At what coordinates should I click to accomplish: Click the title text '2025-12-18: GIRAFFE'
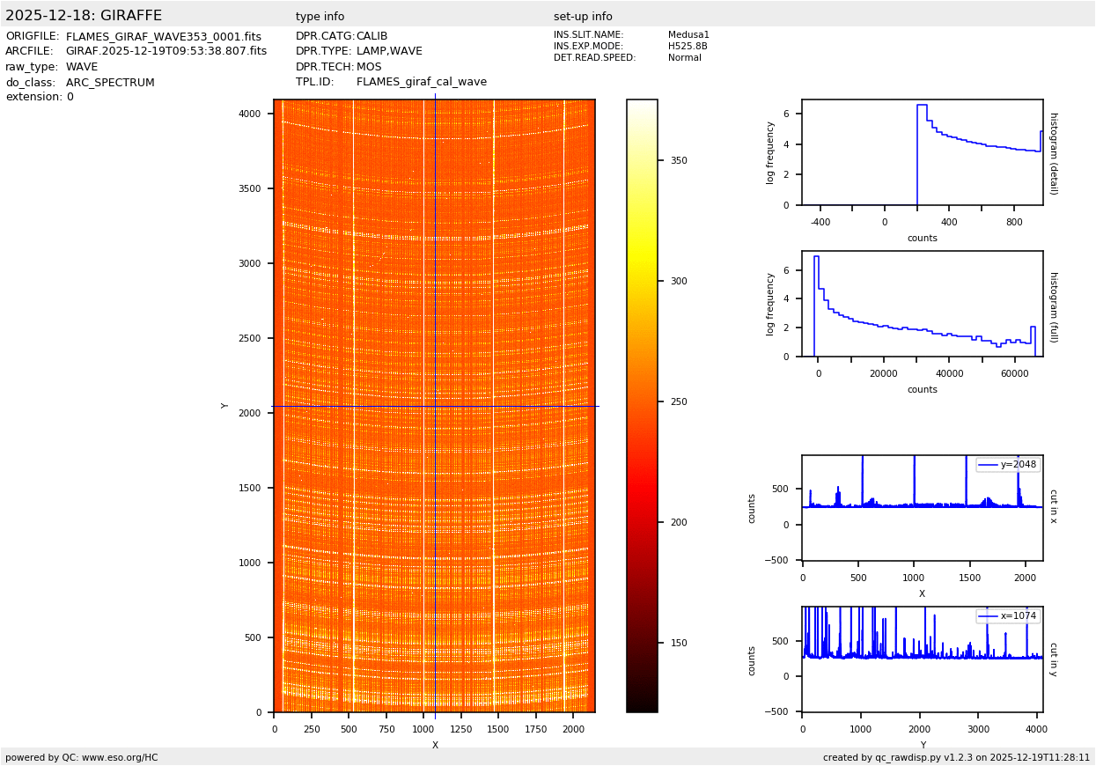84,16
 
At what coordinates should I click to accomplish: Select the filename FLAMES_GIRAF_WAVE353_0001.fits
164,37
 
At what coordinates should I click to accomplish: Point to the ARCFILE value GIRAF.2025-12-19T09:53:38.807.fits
166,52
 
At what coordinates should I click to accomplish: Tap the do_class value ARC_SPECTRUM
110,83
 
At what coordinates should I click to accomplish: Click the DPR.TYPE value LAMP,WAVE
389,52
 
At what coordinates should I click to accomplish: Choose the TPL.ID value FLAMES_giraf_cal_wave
422,83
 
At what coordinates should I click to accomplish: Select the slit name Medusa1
688,35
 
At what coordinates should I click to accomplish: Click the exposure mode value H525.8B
688,47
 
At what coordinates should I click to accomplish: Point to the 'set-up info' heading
583,17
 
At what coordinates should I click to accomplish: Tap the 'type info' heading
320,17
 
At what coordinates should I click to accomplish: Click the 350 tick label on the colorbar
678,161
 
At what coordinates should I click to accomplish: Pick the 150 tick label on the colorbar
678,644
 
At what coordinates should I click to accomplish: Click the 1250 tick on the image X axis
461,729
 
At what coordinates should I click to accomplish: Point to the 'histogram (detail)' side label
1053,153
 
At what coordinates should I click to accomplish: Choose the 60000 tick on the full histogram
1014,372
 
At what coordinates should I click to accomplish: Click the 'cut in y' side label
1053,659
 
